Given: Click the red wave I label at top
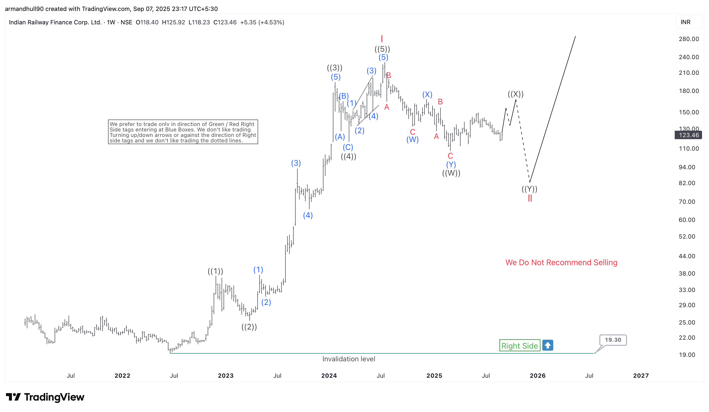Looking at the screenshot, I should [382, 39].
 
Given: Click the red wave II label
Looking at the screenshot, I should [530, 198].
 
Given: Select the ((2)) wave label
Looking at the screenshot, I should [249, 327].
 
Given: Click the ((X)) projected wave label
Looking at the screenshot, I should [515, 94].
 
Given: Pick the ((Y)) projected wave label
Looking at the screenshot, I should [529, 189].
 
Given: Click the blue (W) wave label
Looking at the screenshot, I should [412, 140].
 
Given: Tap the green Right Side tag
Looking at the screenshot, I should [519, 346].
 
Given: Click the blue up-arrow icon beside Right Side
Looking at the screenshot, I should [548, 345].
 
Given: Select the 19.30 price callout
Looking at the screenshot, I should [613, 340].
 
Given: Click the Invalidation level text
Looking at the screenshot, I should [349, 359].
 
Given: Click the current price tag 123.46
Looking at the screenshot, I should [689, 135].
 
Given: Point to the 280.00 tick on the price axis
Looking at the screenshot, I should [689, 39].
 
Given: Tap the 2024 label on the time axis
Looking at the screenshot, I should [329, 375].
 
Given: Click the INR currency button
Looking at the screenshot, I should [685, 22].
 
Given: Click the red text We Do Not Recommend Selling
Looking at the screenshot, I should [561, 262].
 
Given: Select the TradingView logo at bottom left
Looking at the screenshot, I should [45, 397].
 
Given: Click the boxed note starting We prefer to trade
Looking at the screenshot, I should [183, 132].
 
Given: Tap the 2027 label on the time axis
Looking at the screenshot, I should [641, 375].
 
